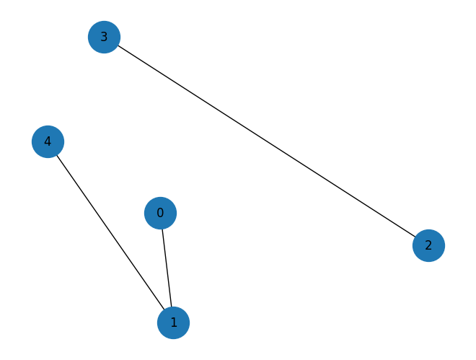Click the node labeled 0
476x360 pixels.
pyautogui.click(x=160, y=213)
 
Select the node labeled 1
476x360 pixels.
pyautogui.click(x=173, y=322)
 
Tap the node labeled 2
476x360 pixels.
pyautogui.click(x=428, y=245)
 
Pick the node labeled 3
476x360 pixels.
pyautogui.click(x=104, y=37)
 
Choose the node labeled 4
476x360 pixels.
pyautogui.click(x=48, y=141)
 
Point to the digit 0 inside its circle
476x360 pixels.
pyautogui.click(x=160, y=213)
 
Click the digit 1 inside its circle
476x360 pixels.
pyautogui.click(x=173, y=322)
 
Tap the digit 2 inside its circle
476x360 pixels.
pyautogui.click(x=428, y=245)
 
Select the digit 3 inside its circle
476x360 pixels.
pyautogui.click(x=104, y=37)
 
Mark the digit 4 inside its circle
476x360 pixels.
pyautogui.click(x=48, y=141)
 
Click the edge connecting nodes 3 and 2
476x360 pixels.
pyautogui.click(x=266, y=141)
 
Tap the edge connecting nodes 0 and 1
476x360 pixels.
pyautogui.click(x=167, y=268)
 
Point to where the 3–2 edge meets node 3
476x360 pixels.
pyautogui.click(x=118, y=45)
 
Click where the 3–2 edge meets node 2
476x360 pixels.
pyautogui.click(x=415, y=237)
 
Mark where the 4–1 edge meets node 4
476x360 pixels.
pyautogui.click(x=57, y=154)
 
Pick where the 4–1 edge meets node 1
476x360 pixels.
pyautogui.click(x=164, y=309)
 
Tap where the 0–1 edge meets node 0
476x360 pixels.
pyautogui.click(x=162, y=229)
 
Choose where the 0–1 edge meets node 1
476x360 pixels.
pyautogui.click(x=171, y=307)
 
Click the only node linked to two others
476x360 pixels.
pyautogui.click(x=173, y=322)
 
